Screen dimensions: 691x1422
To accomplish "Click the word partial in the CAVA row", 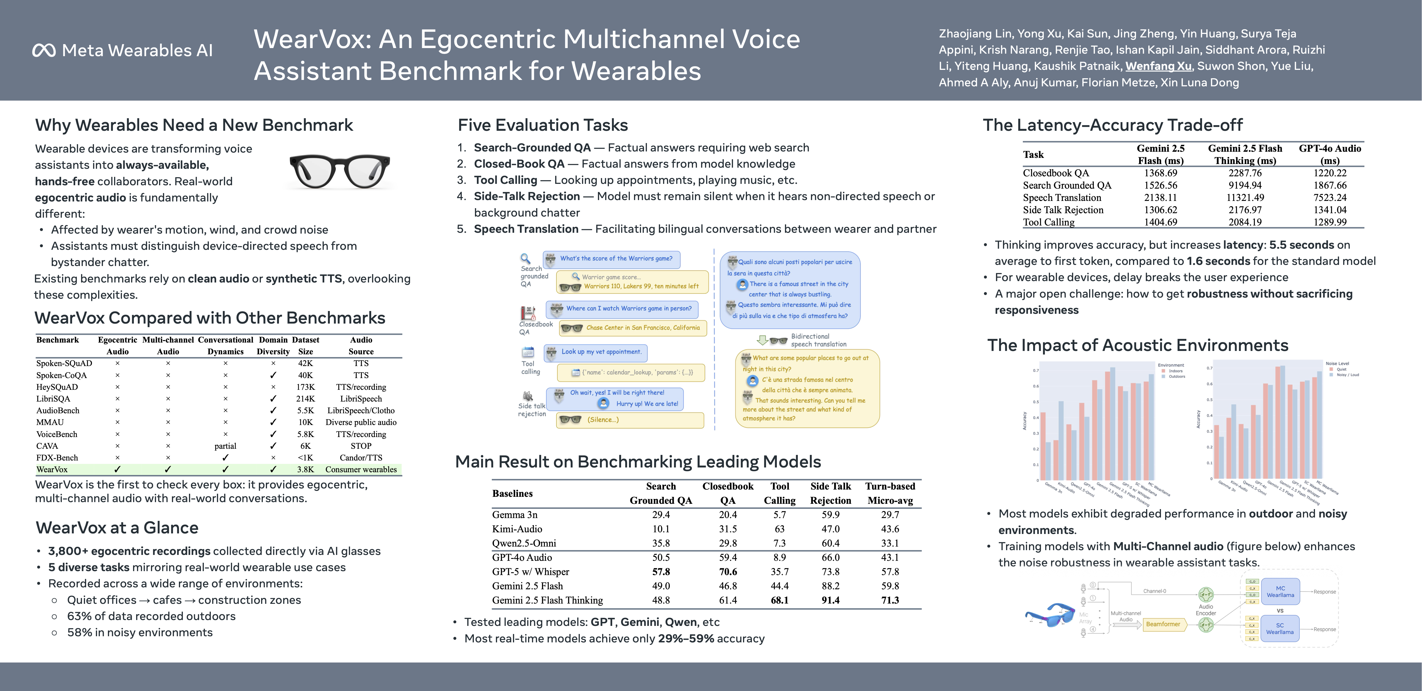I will [x=225, y=446].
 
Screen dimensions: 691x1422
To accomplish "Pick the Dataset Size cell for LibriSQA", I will [x=305, y=398].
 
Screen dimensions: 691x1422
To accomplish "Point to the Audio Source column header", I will [x=361, y=345].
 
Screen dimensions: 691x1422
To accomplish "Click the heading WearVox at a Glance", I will [x=117, y=528].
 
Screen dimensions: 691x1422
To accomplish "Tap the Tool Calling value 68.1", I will [x=779, y=600].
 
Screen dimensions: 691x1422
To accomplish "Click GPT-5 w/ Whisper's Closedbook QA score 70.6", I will [x=728, y=572].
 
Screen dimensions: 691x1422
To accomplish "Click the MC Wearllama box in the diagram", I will [x=1280, y=592].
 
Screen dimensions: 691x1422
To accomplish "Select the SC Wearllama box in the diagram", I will [x=1280, y=629].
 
